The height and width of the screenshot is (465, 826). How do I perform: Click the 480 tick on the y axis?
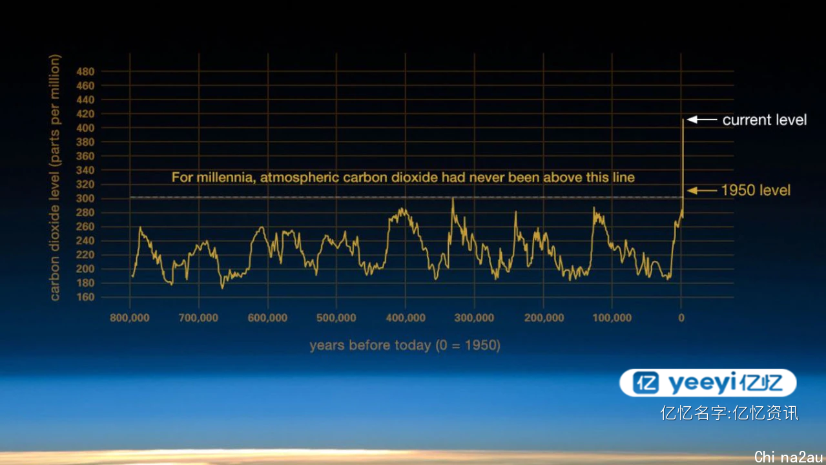pos(85,72)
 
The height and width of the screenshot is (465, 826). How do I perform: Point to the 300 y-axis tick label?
pos(85,198)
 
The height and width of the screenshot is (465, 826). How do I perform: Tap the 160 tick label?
pos(85,297)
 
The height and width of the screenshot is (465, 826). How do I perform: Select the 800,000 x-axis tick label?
pos(129,318)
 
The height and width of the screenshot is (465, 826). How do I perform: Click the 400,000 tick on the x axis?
pos(406,318)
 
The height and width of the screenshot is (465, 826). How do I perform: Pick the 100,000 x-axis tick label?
pos(612,318)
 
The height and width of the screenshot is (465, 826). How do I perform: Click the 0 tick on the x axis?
pos(681,318)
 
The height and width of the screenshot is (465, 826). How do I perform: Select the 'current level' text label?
pos(765,120)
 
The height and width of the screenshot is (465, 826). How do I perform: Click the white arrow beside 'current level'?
pos(702,119)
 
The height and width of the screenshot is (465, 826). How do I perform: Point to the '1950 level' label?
pos(756,191)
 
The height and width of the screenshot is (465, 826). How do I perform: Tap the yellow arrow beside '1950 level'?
pos(702,191)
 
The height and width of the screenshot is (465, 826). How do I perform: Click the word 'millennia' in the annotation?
pos(225,178)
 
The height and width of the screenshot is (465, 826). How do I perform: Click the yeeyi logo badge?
pos(708,383)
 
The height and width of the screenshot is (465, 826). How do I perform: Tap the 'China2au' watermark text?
pos(789,457)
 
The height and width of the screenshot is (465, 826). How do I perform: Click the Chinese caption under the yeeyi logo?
pos(729,413)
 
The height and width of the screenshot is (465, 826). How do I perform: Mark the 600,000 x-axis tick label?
pos(267,318)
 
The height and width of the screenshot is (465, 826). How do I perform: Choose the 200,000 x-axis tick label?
pos(544,318)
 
